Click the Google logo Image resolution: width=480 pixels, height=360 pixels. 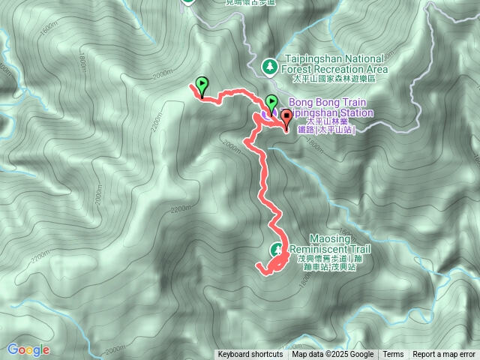point(28,349)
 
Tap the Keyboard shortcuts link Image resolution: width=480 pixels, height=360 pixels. point(250,355)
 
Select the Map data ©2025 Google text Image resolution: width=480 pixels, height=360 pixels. point(333,355)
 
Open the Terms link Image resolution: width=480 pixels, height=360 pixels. point(393,355)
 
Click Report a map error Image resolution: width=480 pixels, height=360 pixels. point(444,355)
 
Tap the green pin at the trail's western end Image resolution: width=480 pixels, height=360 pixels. point(201,85)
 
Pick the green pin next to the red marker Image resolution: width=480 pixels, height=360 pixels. point(271,102)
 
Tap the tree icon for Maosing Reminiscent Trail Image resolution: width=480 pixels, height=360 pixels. point(276,249)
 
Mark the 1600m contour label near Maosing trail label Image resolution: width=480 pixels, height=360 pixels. point(304,280)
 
